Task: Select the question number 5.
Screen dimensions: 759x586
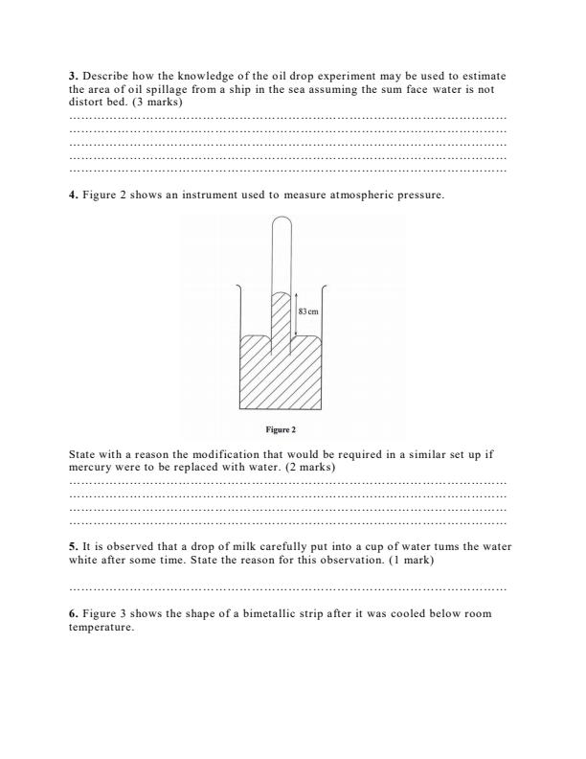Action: click(74, 545)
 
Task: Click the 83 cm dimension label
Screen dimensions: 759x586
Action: click(307, 311)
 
